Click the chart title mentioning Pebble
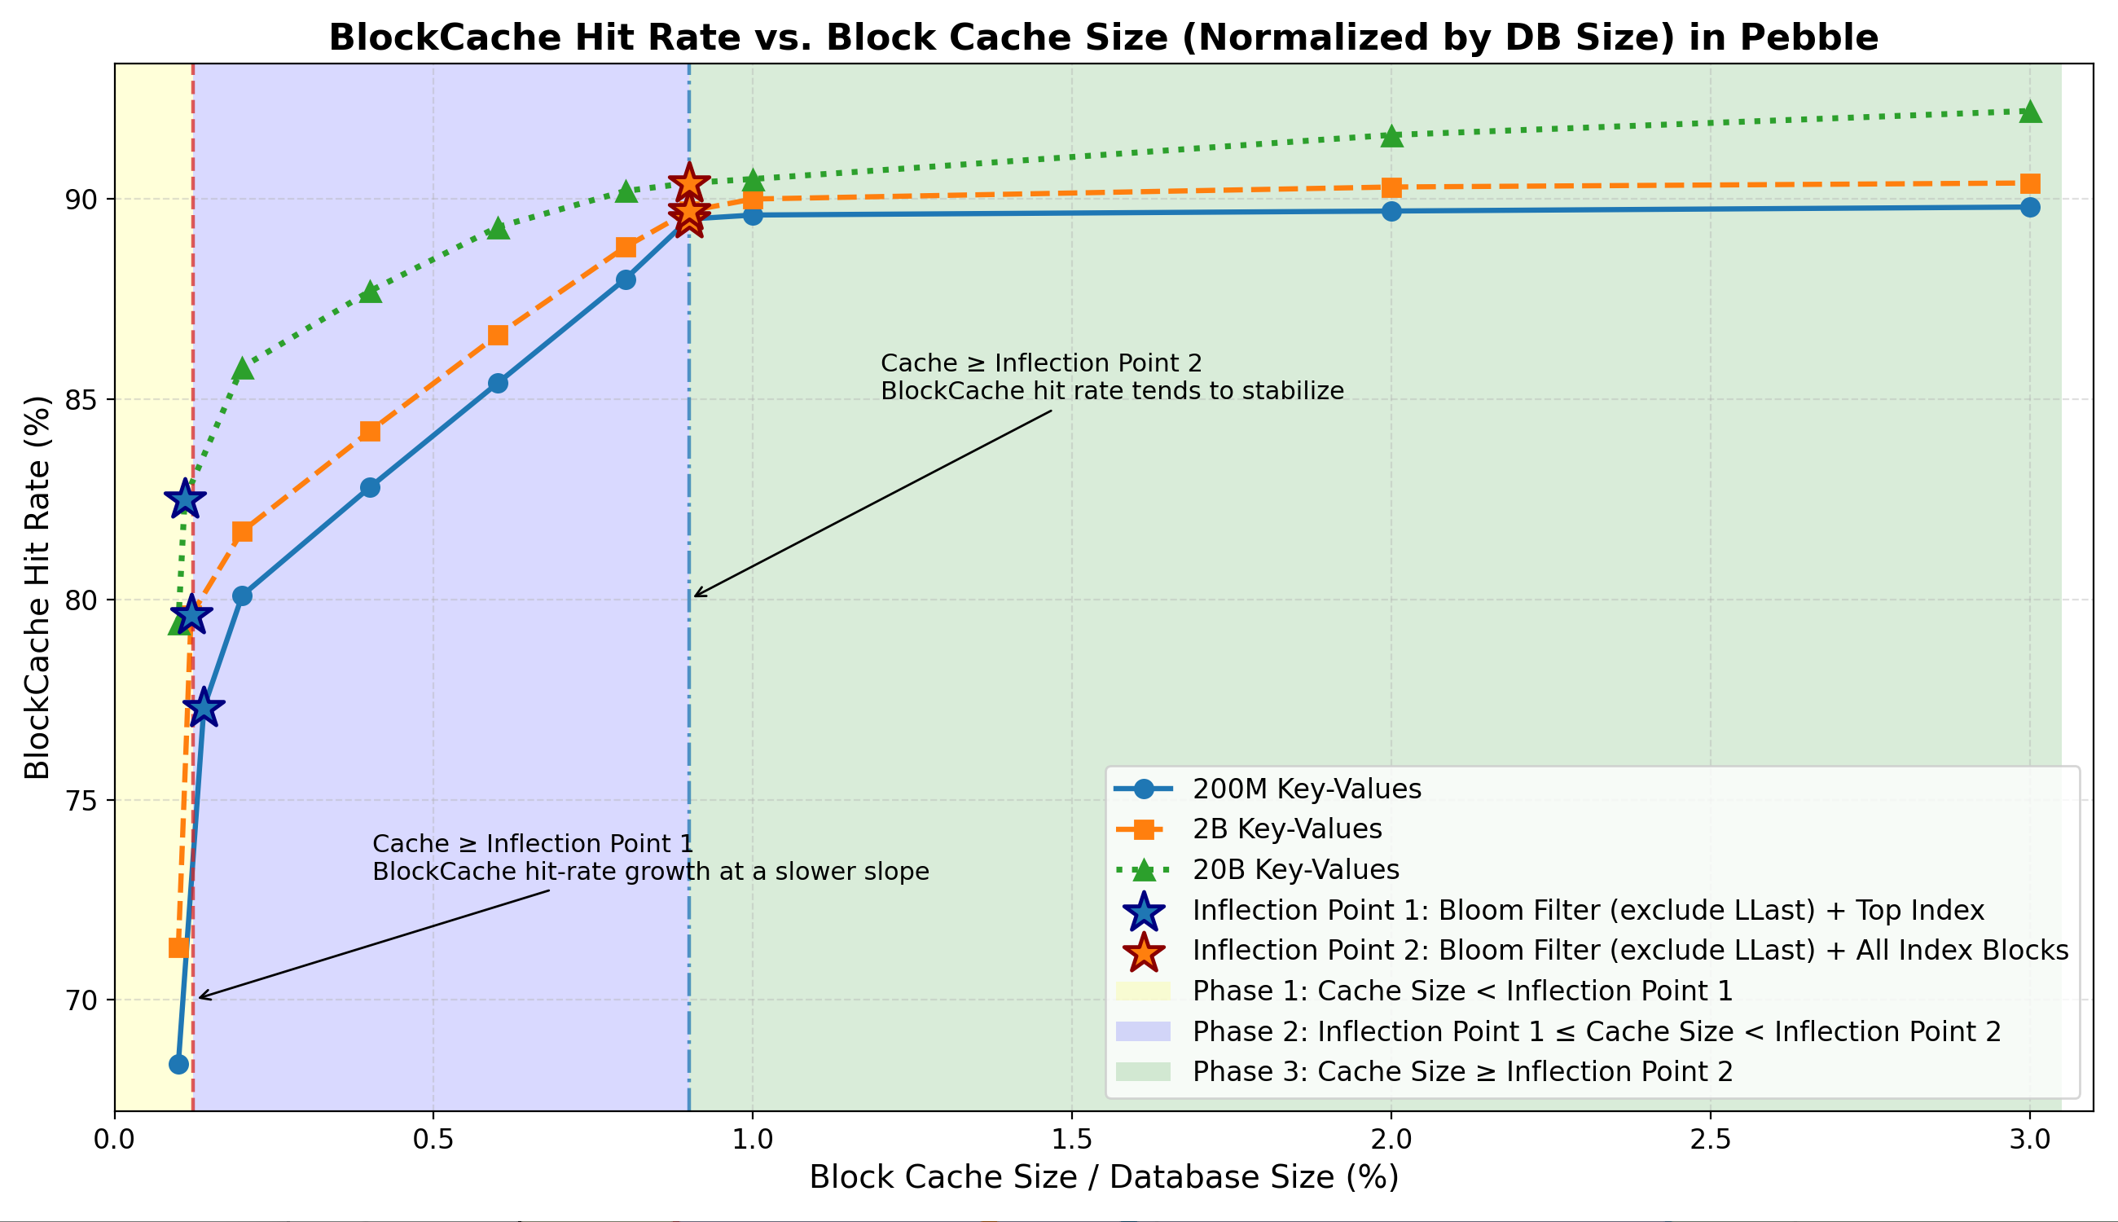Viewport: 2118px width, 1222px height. (1103, 38)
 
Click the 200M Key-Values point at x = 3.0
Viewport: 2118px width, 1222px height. (2030, 207)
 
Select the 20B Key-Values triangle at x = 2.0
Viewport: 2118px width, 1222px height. (1391, 136)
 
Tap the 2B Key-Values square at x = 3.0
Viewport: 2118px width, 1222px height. (2030, 184)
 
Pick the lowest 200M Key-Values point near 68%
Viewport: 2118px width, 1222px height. (178, 1064)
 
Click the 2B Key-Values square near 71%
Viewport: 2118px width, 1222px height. (178, 948)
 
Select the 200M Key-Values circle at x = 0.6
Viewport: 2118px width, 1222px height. (498, 384)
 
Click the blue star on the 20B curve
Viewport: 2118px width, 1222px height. (185, 500)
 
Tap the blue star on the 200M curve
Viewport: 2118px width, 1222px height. (203, 709)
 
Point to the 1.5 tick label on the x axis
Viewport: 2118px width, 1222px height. (1071, 1140)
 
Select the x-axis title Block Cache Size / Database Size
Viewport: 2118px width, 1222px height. (1104, 1177)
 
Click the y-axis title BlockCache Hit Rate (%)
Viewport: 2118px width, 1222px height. (37, 587)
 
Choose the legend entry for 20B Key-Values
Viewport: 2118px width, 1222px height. (1295, 869)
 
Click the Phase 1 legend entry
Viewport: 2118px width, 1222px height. (1461, 991)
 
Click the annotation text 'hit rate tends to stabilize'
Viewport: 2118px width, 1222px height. (1112, 391)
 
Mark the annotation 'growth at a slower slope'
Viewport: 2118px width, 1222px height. (650, 872)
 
